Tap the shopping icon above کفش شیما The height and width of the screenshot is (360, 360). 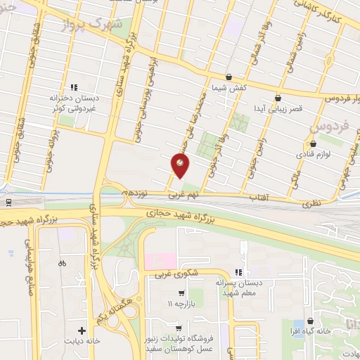pos(229,77)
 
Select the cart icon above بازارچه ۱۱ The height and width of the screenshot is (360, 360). pos(181,293)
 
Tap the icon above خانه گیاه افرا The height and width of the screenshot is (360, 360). pos(309,321)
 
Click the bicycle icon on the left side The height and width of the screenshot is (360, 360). pos(62,264)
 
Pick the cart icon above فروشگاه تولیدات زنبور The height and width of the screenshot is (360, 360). pos(179,328)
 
